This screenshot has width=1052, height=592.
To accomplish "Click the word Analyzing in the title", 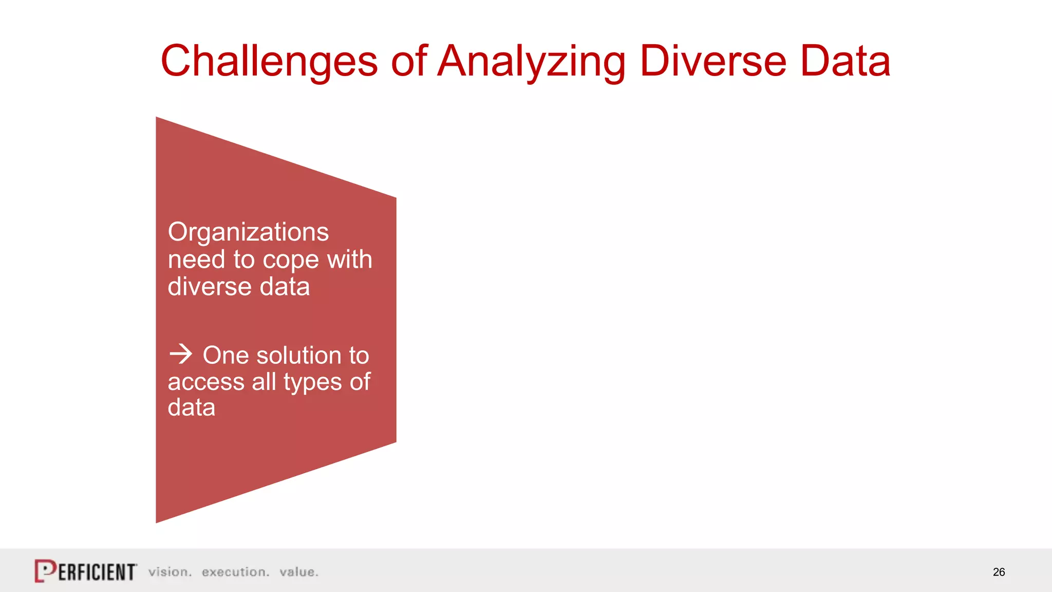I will pos(532,62).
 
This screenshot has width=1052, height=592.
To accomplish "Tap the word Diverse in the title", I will pos(713,62).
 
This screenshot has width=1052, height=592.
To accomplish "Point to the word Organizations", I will pos(248,232).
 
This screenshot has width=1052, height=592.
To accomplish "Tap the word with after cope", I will pos(349,259).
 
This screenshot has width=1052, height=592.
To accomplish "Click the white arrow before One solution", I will pos(181,354).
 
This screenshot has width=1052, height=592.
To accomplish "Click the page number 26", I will pos(999,572).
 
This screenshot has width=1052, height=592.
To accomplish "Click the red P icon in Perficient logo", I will pos(45,571).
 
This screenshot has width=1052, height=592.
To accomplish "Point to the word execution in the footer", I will pos(235,572).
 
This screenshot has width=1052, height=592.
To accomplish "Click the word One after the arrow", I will pos(226,356).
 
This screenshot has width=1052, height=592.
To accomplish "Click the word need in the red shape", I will pos(196,260).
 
